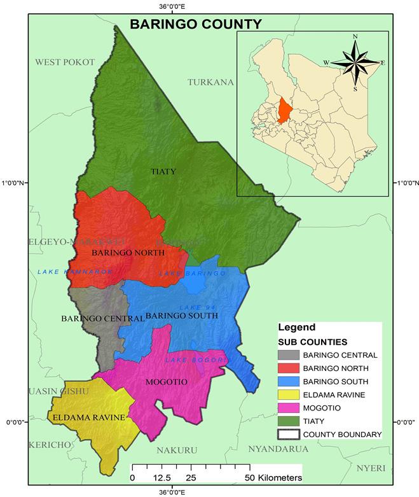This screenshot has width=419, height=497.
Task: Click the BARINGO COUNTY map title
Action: point(195,24)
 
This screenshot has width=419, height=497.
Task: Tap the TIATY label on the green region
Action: point(163,172)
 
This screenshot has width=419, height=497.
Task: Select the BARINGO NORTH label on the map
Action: point(128,253)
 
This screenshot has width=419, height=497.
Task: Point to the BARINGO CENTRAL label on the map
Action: point(102,318)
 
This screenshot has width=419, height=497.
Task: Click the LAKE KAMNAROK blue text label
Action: point(74,272)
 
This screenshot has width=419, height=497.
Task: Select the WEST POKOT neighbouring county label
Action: point(65,62)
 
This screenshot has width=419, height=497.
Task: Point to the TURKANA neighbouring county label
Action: point(211,82)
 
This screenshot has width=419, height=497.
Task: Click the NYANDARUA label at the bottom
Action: point(278,449)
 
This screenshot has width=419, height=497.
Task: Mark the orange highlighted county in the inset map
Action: point(283,109)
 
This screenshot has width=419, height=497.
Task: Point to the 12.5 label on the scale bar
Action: point(161,477)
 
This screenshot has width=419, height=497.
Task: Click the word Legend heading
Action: point(296,328)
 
